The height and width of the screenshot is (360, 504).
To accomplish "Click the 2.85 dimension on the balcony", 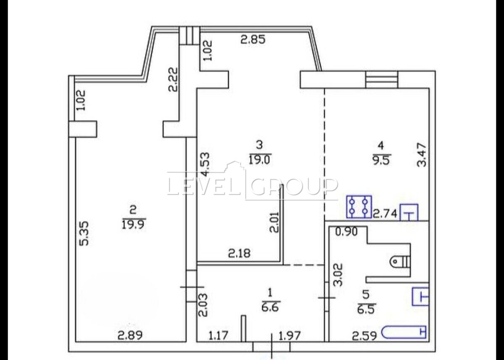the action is [x=253, y=39].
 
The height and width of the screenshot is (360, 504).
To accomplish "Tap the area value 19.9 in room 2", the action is [x=133, y=224].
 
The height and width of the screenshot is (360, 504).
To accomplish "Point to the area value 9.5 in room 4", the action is [x=381, y=160].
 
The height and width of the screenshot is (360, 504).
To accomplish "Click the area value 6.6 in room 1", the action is [x=270, y=307].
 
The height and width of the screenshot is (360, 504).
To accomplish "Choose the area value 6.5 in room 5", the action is [x=366, y=309].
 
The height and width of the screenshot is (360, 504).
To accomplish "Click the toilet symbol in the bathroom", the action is [x=400, y=262].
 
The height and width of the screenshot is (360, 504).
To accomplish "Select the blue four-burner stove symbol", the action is [x=359, y=207].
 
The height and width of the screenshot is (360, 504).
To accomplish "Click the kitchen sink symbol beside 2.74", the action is [x=409, y=213].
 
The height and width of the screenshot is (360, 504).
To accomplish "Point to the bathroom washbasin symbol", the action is [x=420, y=297].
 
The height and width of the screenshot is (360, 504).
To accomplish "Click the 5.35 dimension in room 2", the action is [x=84, y=233].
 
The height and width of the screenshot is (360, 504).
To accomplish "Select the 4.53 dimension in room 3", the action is [x=205, y=164].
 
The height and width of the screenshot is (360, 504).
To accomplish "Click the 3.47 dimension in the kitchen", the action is [x=421, y=155].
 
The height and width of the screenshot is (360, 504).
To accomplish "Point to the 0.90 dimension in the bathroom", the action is [x=346, y=232].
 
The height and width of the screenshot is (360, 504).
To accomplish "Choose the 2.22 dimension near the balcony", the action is [x=173, y=79].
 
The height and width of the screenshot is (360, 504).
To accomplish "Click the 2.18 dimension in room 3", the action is [x=239, y=253].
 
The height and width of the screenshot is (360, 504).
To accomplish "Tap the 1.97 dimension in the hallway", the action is [x=289, y=336].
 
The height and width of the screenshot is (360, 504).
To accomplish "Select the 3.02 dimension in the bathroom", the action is [x=338, y=275].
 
